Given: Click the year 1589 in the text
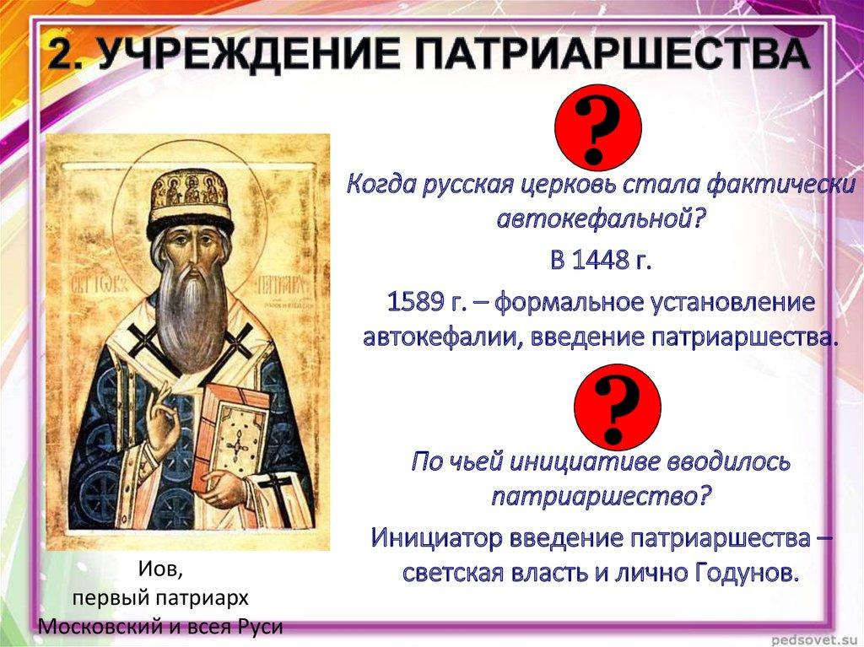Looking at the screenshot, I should [418, 303].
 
